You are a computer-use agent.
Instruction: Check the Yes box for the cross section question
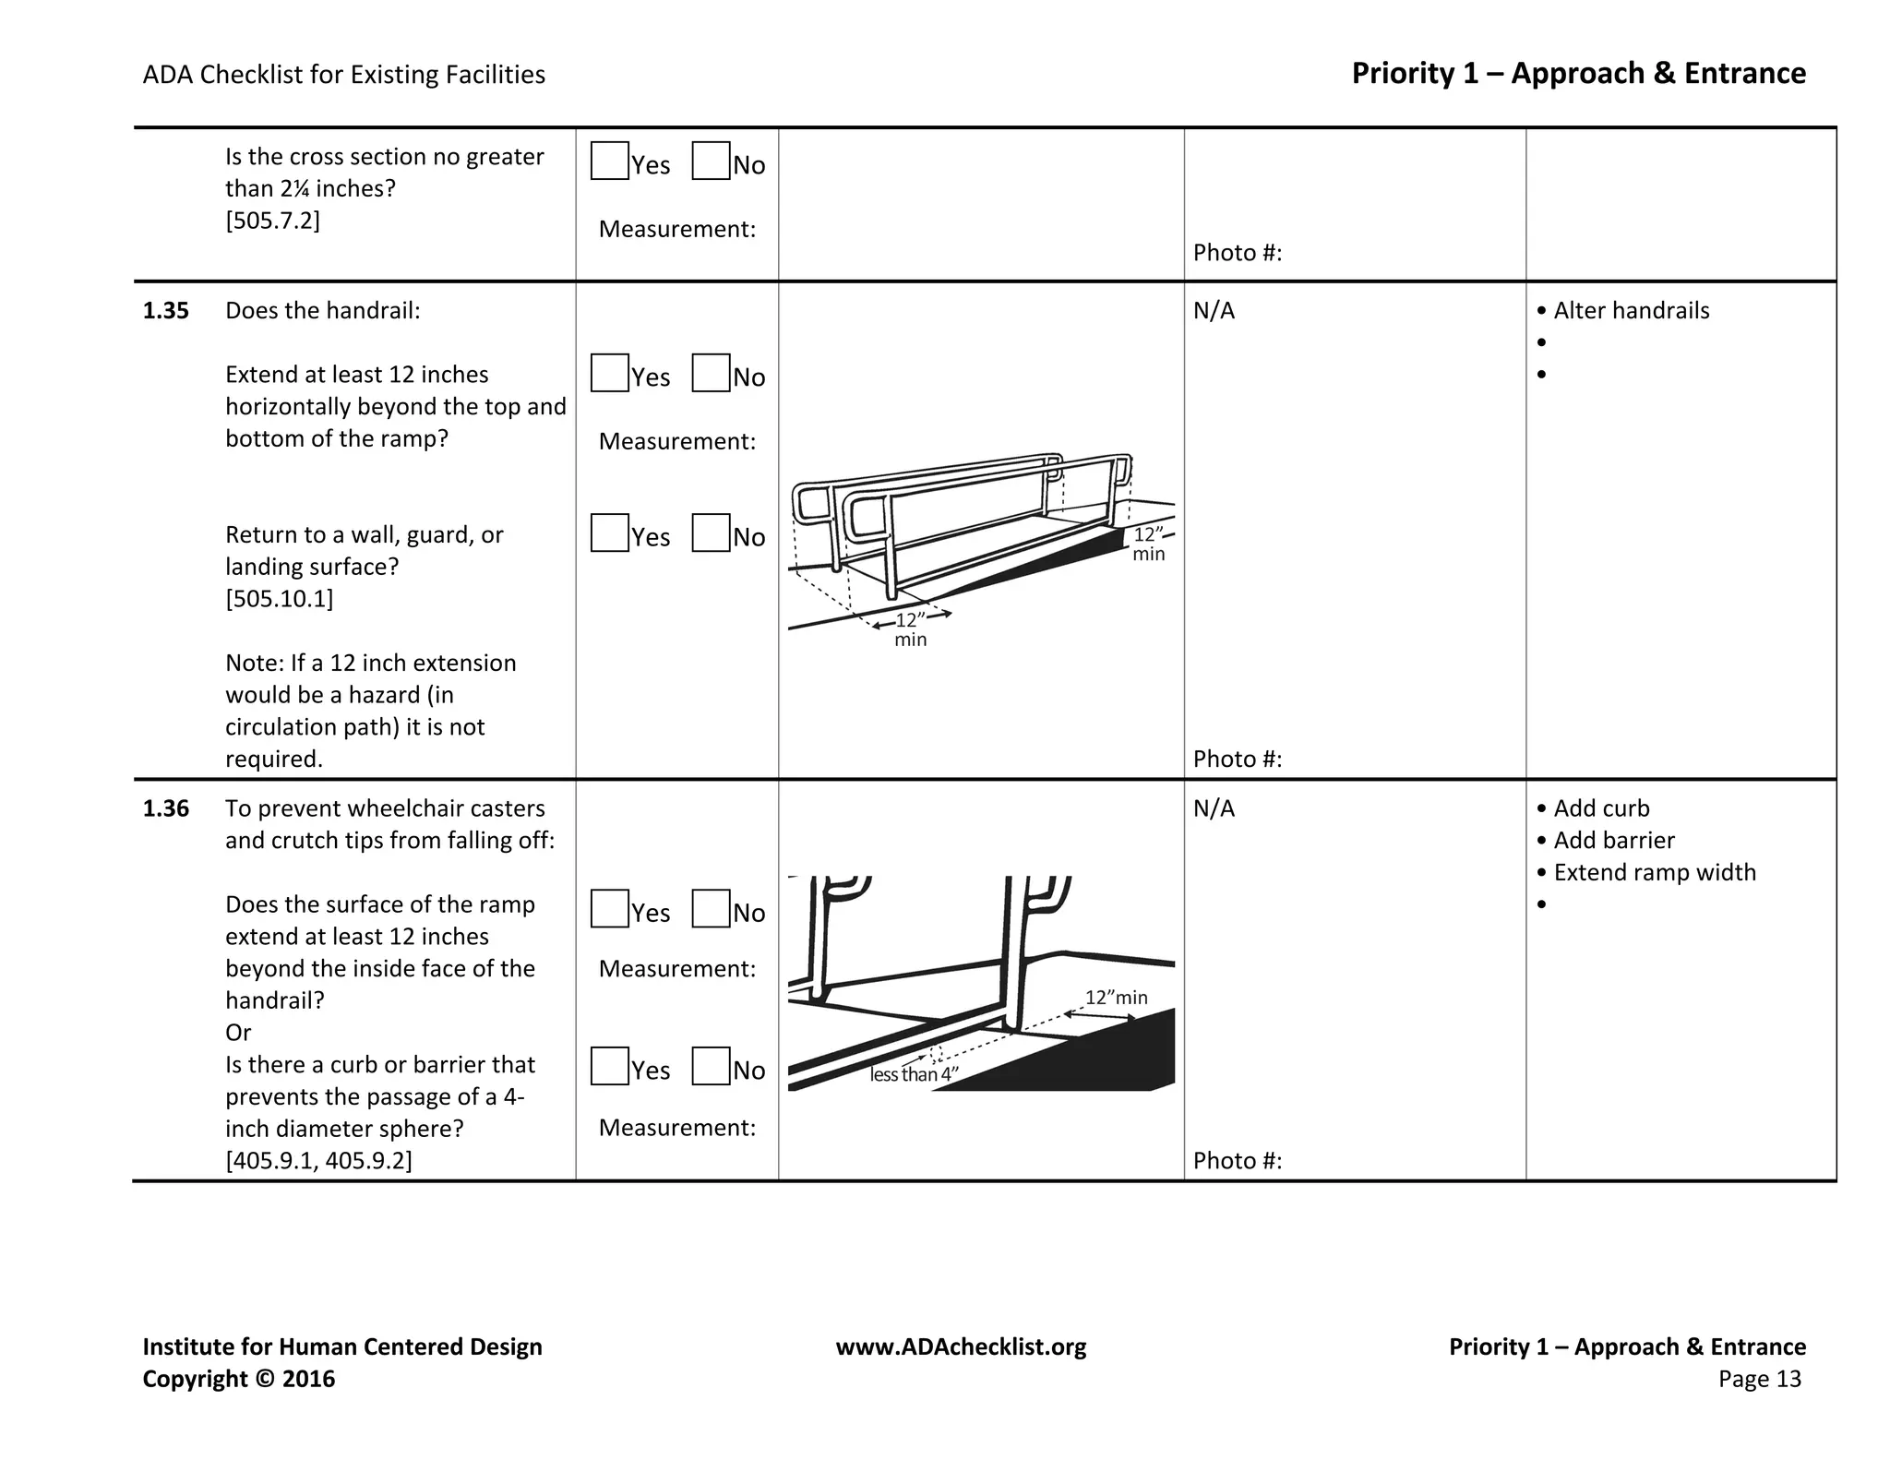(x=609, y=161)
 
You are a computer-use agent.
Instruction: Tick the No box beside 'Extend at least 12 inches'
(x=711, y=373)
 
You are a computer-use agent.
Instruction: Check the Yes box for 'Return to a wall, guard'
(x=609, y=533)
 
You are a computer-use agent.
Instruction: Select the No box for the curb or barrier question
(x=711, y=1066)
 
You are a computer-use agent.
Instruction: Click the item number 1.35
(x=166, y=311)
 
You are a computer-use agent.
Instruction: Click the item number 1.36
(x=166, y=808)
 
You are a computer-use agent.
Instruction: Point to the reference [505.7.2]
(x=273, y=221)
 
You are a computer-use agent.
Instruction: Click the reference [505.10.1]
(x=280, y=599)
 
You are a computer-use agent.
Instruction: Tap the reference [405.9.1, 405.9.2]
(x=318, y=1160)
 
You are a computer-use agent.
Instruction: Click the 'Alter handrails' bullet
(x=1631, y=311)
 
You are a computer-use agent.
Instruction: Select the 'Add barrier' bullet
(x=1613, y=841)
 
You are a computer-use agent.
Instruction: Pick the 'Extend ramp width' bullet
(x=1654, y=872)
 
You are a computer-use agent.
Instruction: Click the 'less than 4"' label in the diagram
(x=914, y=1074)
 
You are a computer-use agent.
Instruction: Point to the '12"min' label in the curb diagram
(x=1116, y=998)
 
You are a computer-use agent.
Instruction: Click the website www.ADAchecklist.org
(x=961, y=1347)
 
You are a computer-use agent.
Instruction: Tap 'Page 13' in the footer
(x=1759, y=1379)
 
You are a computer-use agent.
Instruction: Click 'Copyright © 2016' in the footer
(x=238, y=1379)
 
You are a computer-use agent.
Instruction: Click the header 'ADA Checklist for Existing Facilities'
(x=343, y=75)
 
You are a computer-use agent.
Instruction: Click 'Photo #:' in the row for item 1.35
(x=1237, y=759)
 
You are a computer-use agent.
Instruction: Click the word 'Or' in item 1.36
(x=238, y=1033)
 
